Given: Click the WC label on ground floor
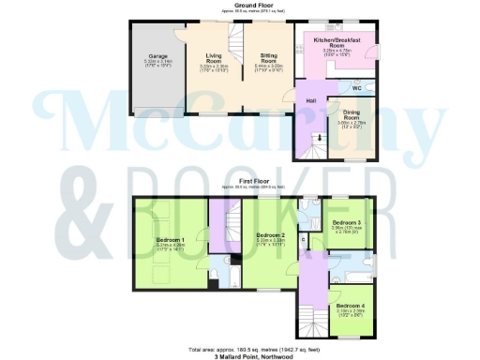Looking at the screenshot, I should tap(357, 89).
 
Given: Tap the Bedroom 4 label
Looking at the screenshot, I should tap(351, 306).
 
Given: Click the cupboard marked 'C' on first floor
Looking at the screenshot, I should tap(304, 239).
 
